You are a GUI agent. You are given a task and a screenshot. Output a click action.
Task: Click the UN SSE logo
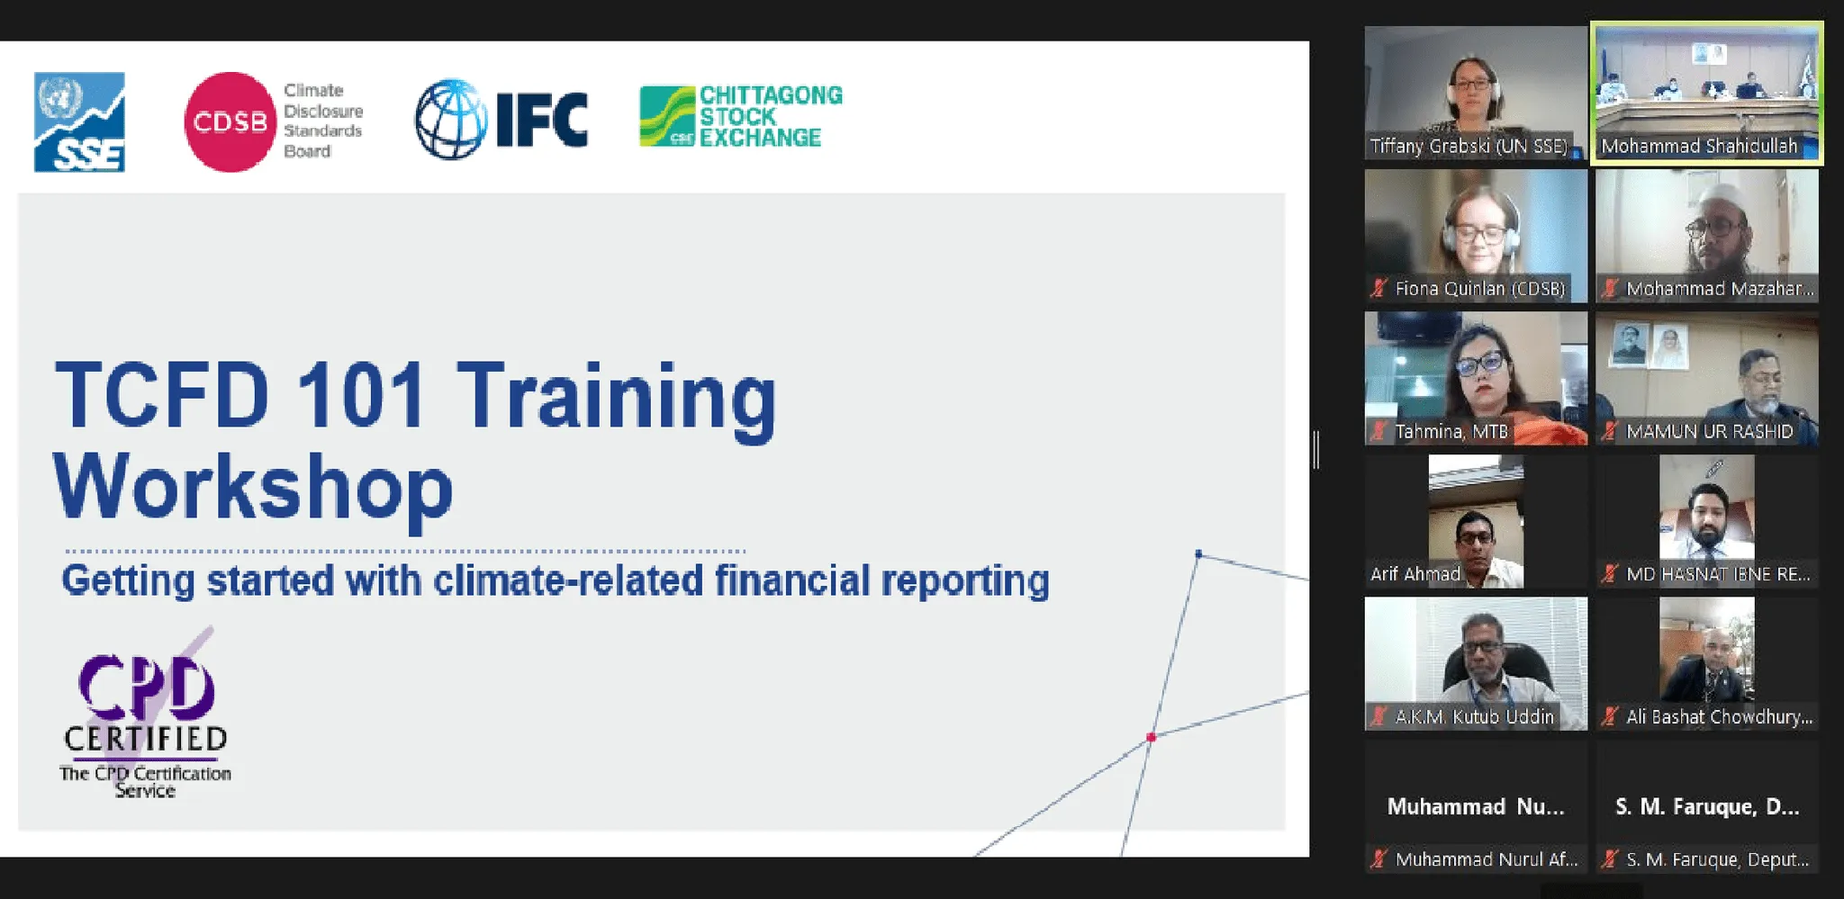pyautogui.click(x=79, y=121)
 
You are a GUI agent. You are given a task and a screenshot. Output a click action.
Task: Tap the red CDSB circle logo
pyautogui.click(x=230, y=121)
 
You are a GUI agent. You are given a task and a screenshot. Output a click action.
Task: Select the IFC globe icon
pyautogui.click(x=451, y=120)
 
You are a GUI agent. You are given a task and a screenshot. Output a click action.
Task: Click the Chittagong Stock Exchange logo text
pyautogui.click(x=771, y=116)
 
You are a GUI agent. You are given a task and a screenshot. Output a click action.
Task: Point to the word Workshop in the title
pyautogui.click(x=253, y=487)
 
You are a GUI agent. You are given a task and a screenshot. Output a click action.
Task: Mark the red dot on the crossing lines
pyautogui.click(x=1151, y=737)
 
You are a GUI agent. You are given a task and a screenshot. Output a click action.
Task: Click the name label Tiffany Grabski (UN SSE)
pyautogui.click(x=1469, y=146)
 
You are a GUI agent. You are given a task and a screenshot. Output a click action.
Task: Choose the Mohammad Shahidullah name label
pyautogui.click(x=1699, y=146)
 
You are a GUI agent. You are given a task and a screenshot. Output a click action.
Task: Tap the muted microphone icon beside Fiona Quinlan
pyautogui.click(x=1378, y=288)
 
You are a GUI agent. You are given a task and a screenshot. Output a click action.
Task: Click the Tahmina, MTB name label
pyautogui.click(x=1451, y=431)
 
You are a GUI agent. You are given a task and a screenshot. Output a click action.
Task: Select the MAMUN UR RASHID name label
pyautogui.click(x=1710, y=431)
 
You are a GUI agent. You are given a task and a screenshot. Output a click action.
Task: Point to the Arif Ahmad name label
pyautogui.click(x=1415, y=574)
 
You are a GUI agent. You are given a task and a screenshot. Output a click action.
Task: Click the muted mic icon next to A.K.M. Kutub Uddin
pyautogui.click(x=1378, y=716)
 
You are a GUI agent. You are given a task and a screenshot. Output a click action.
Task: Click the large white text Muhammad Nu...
pyautogui.click(x=1476, y=806)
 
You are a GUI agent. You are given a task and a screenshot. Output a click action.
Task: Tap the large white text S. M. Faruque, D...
pyautogui.click(x=1707, y=806)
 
